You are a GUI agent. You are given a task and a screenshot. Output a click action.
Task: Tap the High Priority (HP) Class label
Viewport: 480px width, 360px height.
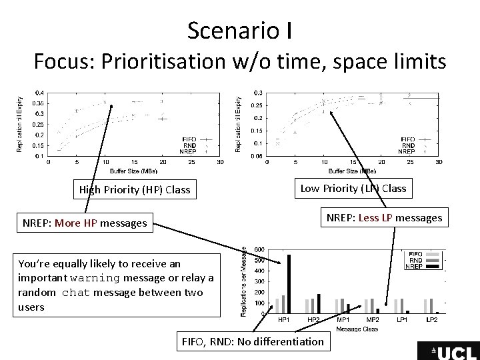point(135,189)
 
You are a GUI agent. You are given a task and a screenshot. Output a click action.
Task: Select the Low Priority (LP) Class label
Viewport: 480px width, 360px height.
point(353,188)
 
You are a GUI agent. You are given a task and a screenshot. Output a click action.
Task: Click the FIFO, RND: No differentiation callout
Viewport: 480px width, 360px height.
point(253,342)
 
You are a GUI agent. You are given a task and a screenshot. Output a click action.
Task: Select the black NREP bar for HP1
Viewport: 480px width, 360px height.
point(289,283)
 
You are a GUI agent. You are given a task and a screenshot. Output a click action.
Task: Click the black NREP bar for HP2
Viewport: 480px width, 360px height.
point(319,303)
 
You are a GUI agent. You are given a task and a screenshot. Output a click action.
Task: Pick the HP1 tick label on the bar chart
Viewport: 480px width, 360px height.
point(283,319)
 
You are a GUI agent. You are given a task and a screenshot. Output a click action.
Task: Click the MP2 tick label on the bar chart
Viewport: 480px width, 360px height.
point(373,319)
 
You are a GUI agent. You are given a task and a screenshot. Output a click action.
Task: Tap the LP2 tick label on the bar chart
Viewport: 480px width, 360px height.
point(431,319)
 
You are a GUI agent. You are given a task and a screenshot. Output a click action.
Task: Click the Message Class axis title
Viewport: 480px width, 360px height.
point(357,328)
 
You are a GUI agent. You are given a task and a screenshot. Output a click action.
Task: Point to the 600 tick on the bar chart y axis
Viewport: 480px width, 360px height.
point(259,249)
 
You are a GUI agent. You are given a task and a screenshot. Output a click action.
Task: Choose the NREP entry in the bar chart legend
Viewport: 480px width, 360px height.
point(413,267)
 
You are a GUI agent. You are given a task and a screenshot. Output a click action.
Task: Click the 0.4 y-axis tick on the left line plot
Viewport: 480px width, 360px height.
point(41,92)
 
